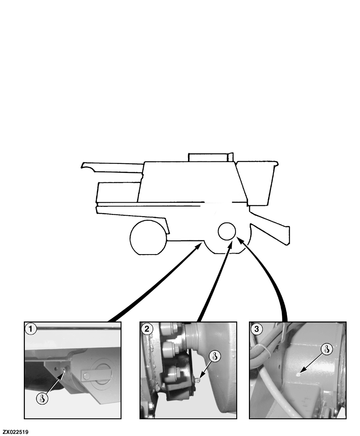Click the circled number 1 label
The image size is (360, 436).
tap(30, 329)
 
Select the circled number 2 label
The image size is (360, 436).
tap(147, 329)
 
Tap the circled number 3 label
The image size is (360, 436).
tap(256, 329)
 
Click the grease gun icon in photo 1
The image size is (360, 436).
tap(42, 398)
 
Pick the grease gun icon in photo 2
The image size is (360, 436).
tap(215, 356)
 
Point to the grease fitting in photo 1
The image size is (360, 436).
tap(64, 370)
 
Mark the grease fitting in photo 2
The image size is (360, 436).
tap(197, 380)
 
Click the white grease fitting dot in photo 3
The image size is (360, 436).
tap(298, 374)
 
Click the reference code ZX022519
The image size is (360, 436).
tap(15, 432)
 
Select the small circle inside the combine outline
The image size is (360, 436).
tap(227, 231)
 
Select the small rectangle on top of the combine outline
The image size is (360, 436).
tap(210, 157)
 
